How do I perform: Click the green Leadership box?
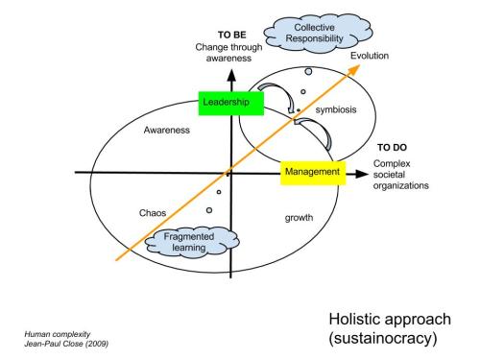225,100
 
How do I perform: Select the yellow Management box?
312,173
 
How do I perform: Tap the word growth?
299,217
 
